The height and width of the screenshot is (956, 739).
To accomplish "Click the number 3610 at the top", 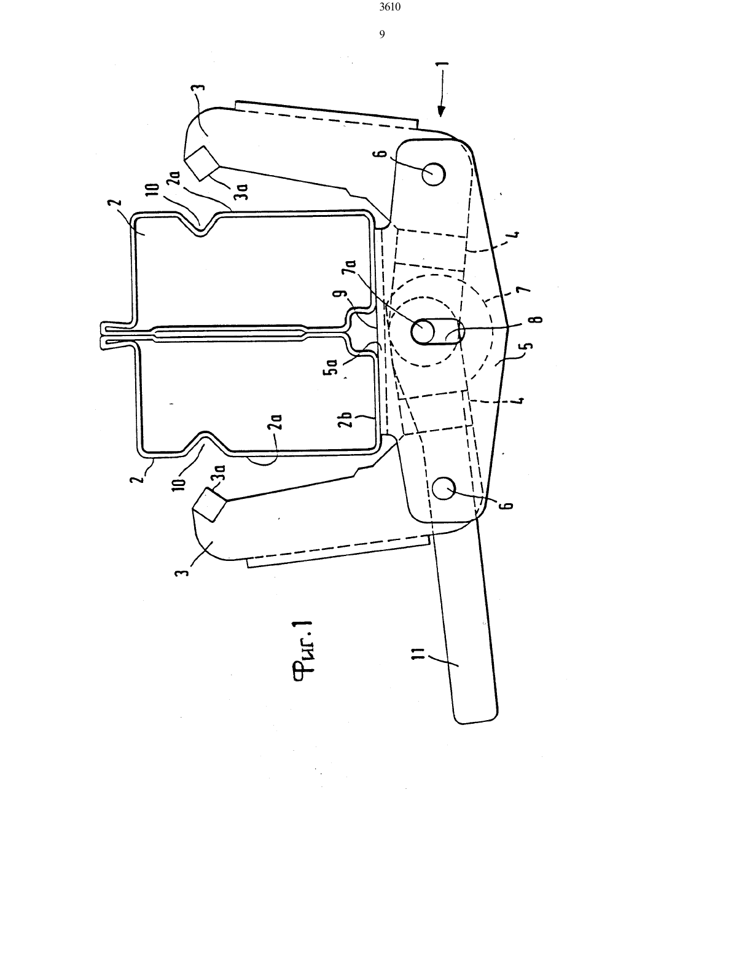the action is (x=389, y=7).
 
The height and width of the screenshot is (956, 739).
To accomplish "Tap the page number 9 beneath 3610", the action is (x=382, y=34).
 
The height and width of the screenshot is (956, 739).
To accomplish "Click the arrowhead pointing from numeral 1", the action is (x=442, y=112).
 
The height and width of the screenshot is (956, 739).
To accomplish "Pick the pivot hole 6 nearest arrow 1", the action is (x=434, y=174).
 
